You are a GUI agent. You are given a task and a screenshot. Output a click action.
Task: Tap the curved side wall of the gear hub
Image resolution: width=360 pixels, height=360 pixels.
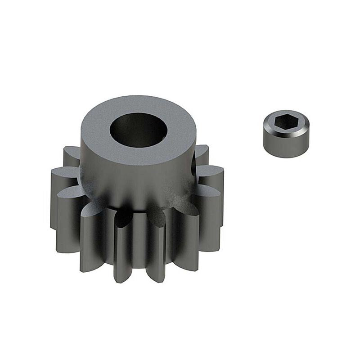pyautogui.click(x=135, y=180)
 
